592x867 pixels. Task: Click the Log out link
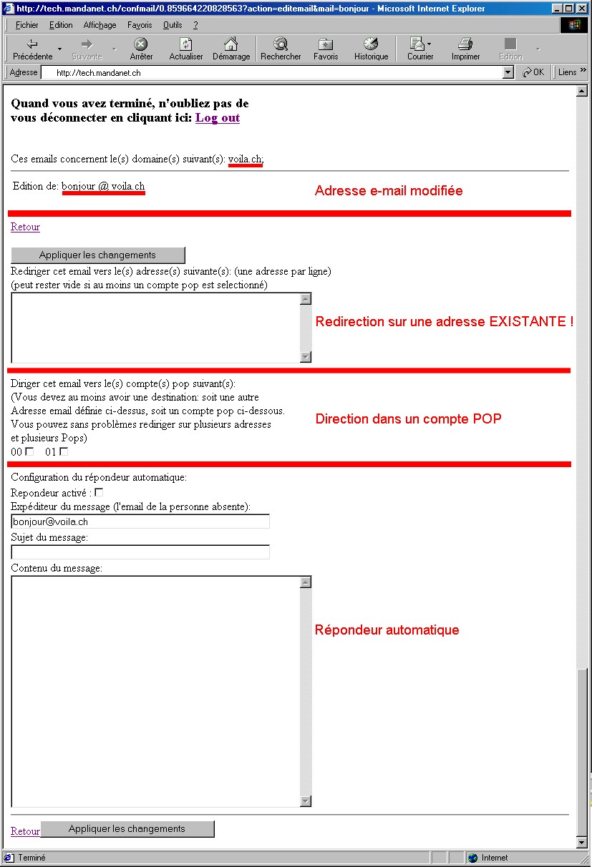pos(218,118)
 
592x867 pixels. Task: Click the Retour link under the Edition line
pos(25,227)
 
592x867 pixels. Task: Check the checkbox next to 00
pos(29,451)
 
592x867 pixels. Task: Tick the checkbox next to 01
pos(64,451)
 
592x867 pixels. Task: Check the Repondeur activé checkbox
pos(99,492)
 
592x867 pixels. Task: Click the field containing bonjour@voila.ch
pos(140,522)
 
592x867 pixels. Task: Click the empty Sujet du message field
pos(140,552)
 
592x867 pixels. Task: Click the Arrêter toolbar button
pos(141,49)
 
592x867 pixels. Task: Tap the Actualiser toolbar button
pos(186,49)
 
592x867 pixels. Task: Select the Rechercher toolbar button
pos(281,49)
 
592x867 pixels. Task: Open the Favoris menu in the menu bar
pos(140,25)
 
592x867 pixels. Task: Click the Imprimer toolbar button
pos(465,49)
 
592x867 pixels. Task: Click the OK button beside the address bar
pos(533,72)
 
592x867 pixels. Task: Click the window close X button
pos(582,9)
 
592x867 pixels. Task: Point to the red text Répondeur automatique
pos(387,630)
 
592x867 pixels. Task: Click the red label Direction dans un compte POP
pos(408,419)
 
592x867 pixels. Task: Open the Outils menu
pos(173,25)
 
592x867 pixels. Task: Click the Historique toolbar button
pos(371,49)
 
